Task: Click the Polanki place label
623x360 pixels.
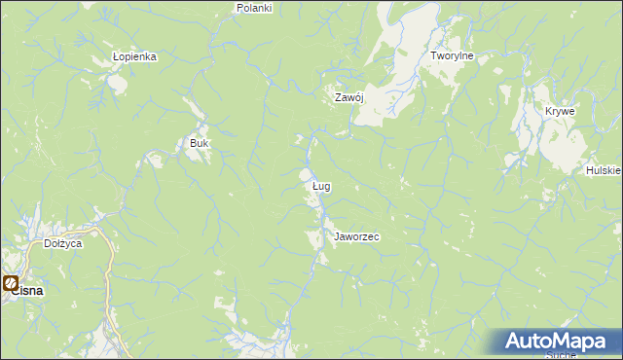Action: pyautogui.click(x=254, y=7)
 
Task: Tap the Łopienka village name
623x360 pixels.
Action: pyautogui.click(x=134, y=56)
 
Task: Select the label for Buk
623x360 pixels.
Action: pyautogui.click(x=200, y=143)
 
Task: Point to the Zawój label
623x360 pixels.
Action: pyautogui.click(x=348, y=97)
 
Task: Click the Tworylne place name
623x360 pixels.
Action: pyautogui.click(x=452, y=56)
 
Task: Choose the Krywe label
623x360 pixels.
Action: pyautogui.click(x=560, y=111)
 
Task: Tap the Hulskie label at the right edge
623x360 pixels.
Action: pyautogui.click(x=604, y=170)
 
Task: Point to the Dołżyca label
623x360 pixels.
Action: pyautogui.click(x=62, y=243)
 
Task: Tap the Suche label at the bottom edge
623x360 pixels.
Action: pyautogui.click(x=562, y=355)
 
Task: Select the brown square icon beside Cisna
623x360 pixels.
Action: pyautogui.click(x=11, y=284)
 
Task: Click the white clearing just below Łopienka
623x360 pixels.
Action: pyautogui.click(x=118, y=84)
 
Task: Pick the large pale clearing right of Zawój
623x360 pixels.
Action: pyautogui.click(x=389, y=88)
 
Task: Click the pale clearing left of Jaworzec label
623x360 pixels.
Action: pyautogui.click(x=313, y=238)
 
